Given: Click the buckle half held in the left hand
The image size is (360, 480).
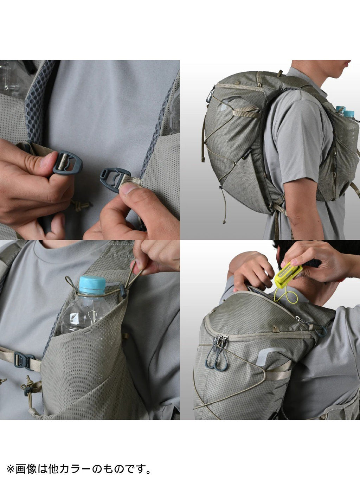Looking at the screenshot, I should click(x=67, y=162).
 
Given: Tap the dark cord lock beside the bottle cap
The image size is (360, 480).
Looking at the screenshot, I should click(x=123, y=292).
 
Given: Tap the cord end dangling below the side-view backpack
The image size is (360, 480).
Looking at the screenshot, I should click(x=224, y=222).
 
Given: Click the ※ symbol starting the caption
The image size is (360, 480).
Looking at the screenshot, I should click(x=10, y=469).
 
